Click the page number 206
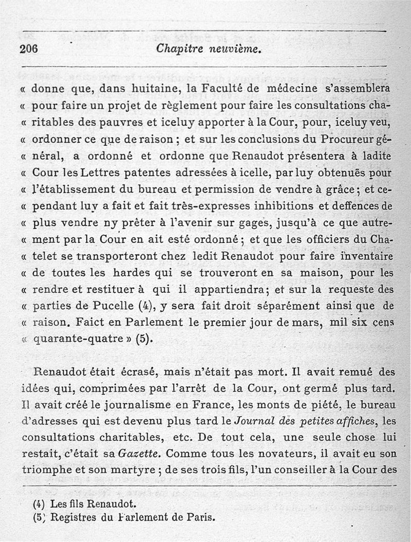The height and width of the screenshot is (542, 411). tap(29, 49)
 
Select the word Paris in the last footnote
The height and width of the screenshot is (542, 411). tap(196, 517)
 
